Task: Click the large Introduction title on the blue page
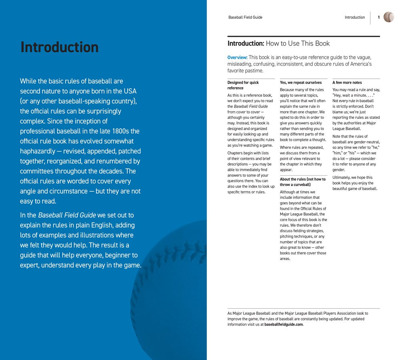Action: coord(59,47)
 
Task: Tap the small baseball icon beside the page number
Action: coord(388,17)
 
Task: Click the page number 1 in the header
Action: coord(378,17)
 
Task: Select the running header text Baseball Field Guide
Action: coord(245,17)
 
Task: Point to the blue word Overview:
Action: coord(237,57)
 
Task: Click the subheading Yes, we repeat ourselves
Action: coord(300,83)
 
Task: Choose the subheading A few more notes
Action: coord(347,83)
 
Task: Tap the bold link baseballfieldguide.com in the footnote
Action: coord(284,324)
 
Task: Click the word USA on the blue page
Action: coord(130,91)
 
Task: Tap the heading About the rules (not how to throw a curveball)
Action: coord(303,182)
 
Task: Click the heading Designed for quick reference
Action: coord(243,85)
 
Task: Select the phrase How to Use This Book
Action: coord(298,43)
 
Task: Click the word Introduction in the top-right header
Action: coord(355,17)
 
